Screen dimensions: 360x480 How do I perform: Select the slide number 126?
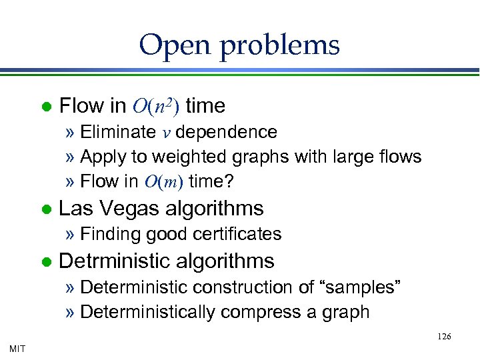[x=444, y=337]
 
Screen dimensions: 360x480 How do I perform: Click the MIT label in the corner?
[x=18, y=348]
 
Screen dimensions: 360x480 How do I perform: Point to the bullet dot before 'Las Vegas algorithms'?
[x=45, y=209]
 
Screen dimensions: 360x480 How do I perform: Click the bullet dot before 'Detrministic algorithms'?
[x=45, y=261]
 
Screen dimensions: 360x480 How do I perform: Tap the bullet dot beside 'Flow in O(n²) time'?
[x=45, y=106]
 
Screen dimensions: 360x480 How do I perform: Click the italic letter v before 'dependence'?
[x=167, y=133]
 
